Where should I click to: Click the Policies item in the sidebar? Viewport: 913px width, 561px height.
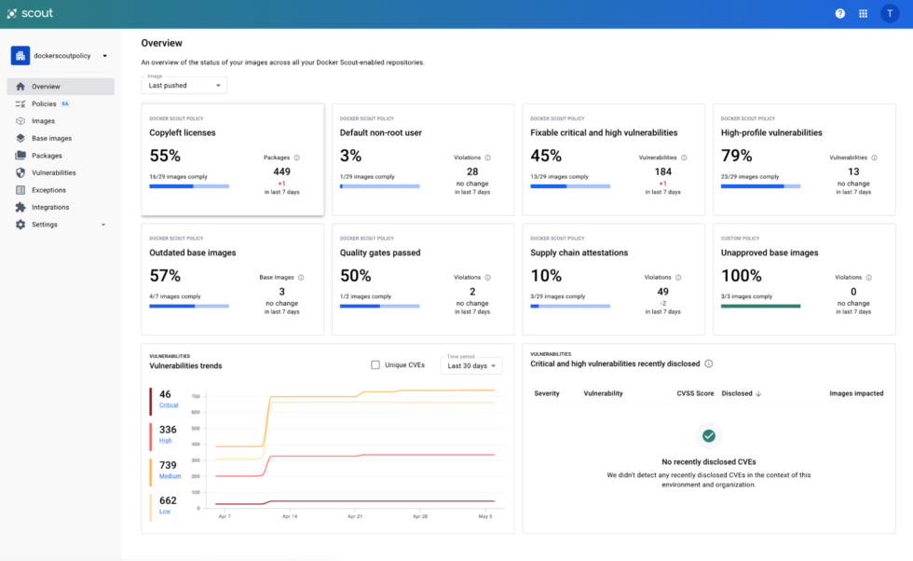(x=44, y=103)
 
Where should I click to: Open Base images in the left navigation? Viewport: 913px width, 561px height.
(x=51, y=138)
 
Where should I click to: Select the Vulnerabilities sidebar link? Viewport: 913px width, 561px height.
(x=53, y=172)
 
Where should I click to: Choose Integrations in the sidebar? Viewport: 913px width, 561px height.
(x=50, y=207)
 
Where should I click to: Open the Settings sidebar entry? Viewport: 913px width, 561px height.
(x=45, y=225)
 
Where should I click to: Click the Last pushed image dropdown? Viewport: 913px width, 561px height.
(x=184, y=86)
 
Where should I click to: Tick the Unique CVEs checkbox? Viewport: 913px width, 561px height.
(x=375, y=365)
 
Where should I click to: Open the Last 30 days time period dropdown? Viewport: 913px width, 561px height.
(x=471, y=366)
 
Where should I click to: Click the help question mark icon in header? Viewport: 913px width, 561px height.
(x=839, y=14)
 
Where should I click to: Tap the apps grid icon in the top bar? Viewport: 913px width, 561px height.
(x=864, y=14)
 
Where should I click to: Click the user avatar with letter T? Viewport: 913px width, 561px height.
(x=890, y=14)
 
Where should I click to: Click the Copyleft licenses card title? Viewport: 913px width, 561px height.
(x=183, y=133)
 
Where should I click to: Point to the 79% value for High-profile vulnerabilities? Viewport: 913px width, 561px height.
(x=736, y=156)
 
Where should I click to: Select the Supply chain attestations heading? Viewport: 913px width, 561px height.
(x=579, y=253)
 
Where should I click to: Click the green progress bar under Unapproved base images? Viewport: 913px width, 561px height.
(x=760, y=306)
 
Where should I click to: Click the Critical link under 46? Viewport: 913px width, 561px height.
(x=169, y=405)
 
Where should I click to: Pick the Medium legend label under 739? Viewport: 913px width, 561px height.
(x=170, y=476)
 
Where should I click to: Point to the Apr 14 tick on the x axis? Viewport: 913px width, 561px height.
(x=289, y=515)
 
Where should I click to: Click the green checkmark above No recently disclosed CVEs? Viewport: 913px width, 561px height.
(x=708, y=435)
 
